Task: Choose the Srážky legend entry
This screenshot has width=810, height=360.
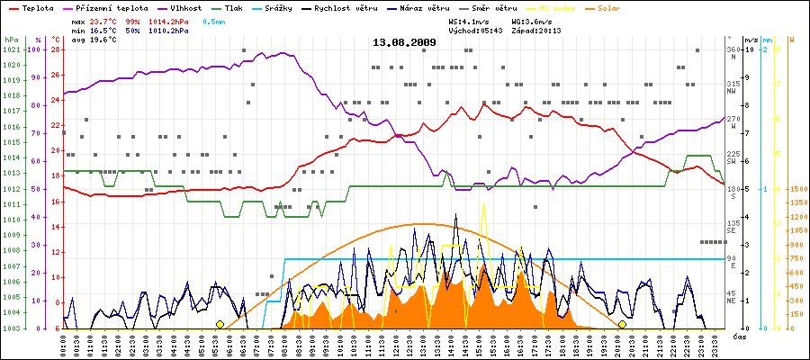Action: coord(290,7)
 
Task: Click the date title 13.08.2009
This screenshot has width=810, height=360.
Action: coord(404,41)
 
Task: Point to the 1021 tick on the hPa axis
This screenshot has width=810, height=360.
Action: coord(10,49)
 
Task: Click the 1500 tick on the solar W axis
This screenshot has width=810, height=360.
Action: coord(797,189)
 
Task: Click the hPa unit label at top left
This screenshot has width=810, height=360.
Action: coord(10,40)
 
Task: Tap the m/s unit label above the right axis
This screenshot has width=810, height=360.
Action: coord(751,40)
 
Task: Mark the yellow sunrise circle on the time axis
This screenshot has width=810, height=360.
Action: coord(220,324)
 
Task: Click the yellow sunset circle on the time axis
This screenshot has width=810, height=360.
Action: coord(622,324)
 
